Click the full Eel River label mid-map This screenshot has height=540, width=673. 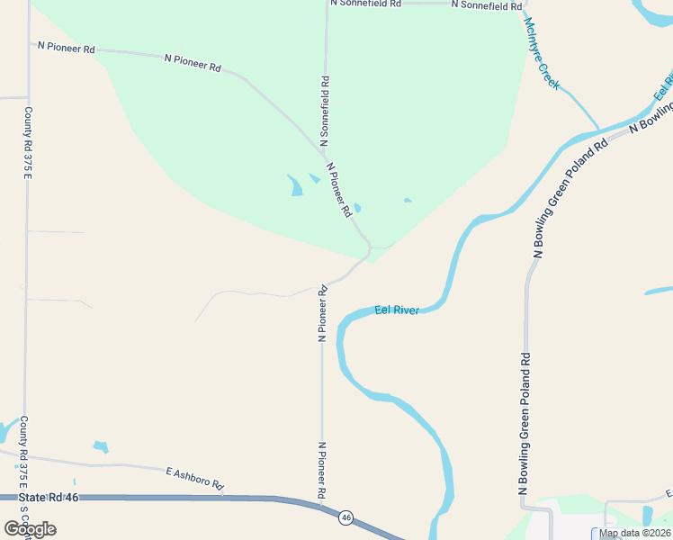pyautogui.click(x=397, y=310)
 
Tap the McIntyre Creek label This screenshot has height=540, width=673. pyautogui.click(x=542, y=54)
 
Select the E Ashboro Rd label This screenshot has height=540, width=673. pyautogui.click(x=194, y=478)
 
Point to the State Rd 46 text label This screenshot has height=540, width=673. pyautogui.click(x=49, y=498)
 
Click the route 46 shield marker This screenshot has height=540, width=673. pyautogui.click(x=345, y=517)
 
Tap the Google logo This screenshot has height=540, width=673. pyautogui.click(x=30, y=529)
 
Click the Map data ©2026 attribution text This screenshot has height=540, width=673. pyautogui.click(x=634, y=533)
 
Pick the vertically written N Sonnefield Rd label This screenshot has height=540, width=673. pyautogui.click(x=325, y=112)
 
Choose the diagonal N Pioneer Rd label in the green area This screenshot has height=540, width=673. pyautogui.click(x=339, y=190)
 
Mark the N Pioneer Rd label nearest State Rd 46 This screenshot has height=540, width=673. pyautogui.click(x=320, y=471)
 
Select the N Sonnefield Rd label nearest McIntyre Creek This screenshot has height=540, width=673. pyautogui.click(x=486, y=4)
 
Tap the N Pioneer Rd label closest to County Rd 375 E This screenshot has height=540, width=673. pyautogui.click(x=66, y=48)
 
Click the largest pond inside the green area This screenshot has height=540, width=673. pyautogui.click(x=294, y=185)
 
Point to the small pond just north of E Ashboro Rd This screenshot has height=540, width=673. pyautogui.click(x=101, y=446)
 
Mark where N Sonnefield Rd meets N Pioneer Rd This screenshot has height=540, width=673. pyautogui.click(x=324, y=151)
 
